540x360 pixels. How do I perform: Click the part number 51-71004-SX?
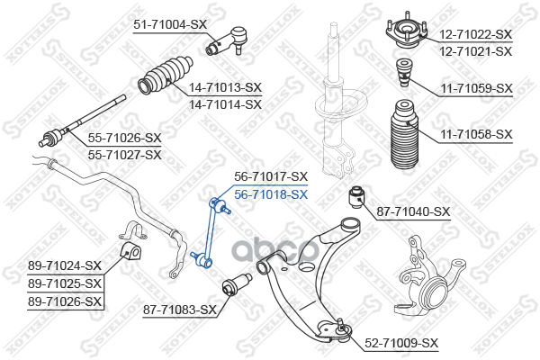(171, 25)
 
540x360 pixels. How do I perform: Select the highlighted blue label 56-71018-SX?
(271, 193)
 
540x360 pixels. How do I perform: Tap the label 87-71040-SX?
(412, 211)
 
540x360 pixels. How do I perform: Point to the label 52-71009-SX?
(401, 343)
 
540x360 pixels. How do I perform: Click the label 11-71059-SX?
(476, 88)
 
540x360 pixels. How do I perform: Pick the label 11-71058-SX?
(476, 134)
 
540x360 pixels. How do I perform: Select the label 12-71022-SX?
(475, 34)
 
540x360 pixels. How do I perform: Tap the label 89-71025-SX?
(65, 283)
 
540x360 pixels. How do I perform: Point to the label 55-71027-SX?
(124, 154)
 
